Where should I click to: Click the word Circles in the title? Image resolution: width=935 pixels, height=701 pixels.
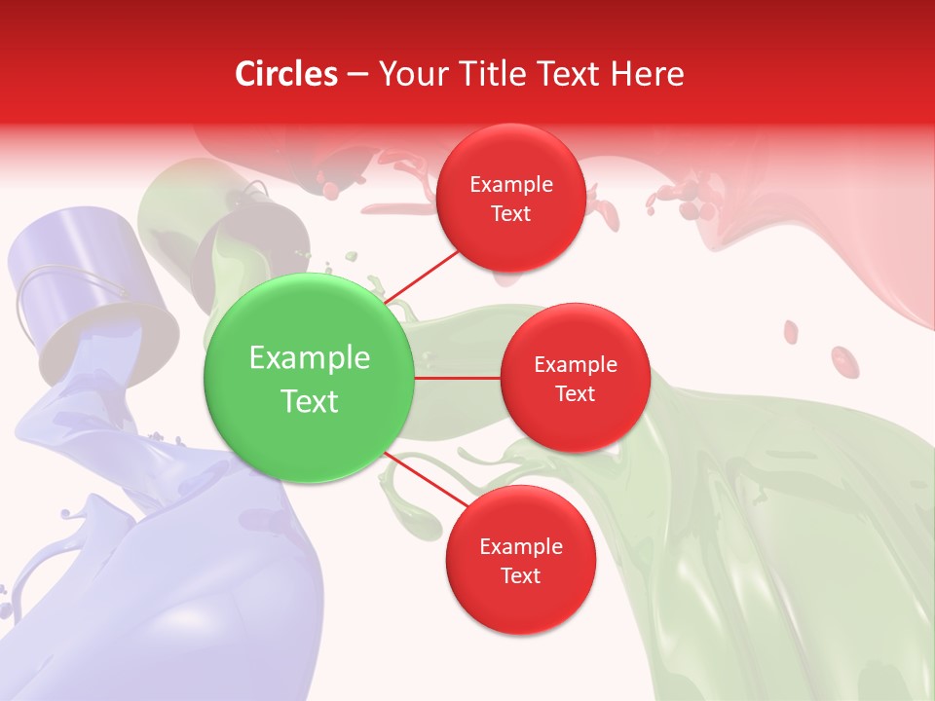(285, 74)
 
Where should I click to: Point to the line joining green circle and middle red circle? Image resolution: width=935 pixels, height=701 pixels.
(458, 378)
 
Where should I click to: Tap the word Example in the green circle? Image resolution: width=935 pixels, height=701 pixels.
(310, 358)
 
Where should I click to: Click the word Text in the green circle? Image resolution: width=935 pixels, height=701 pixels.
(310, 401)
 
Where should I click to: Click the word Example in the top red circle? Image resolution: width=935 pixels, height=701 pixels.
(511, 185)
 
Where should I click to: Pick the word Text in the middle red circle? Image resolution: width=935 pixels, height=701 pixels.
(575, 394)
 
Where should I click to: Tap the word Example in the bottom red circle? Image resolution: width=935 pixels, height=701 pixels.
(521, 547)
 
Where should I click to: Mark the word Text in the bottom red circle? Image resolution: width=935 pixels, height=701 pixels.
(520, 576)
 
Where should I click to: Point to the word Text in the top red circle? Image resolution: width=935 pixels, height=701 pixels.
(510, 214)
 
